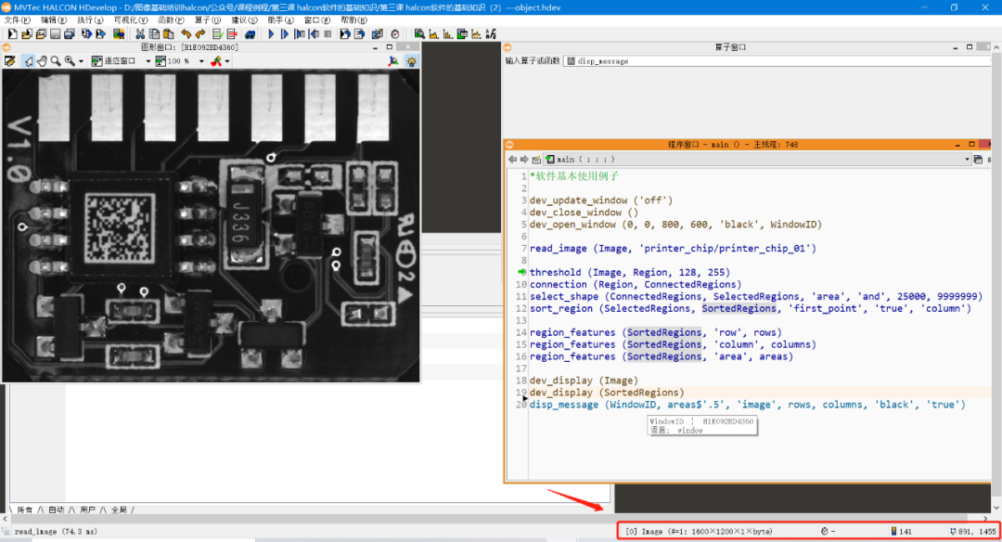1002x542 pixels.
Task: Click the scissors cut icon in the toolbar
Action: [141, 34]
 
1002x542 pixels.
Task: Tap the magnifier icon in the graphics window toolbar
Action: [56, 61]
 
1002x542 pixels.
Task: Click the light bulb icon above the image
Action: [410, 61]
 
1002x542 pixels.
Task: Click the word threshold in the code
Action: [555, 272]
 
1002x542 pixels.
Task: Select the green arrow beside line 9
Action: [521, 272]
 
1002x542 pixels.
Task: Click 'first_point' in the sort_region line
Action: [824, 308]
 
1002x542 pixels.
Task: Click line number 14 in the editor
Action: [522, 332]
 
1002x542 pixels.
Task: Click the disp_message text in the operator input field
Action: [603, 61]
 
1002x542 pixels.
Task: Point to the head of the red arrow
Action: [604, 508]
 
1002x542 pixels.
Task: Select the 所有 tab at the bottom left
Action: [25, 510]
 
